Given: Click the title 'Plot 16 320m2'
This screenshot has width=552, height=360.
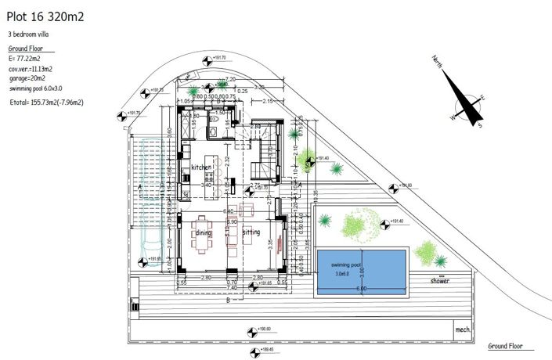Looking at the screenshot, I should point(45,14).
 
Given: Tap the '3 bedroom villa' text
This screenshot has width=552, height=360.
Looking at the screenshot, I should point(32,35).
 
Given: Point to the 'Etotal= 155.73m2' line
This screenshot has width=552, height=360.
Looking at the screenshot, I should point(46,102).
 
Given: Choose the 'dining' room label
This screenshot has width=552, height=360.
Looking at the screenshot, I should point(204,233).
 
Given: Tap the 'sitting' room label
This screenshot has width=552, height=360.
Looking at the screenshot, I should point(251,233).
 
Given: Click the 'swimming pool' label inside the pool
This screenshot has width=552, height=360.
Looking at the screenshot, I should point(347,266).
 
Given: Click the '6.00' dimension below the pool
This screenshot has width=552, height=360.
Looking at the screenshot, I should point(361,289).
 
